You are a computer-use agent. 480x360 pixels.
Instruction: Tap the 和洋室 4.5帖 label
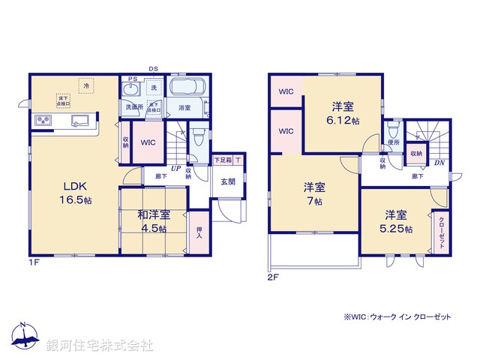152,222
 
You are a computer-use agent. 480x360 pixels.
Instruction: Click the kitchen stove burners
42,120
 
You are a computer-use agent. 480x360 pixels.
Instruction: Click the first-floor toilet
197,137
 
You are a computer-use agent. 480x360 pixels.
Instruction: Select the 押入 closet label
199,233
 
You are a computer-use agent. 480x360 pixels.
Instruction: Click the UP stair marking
175,169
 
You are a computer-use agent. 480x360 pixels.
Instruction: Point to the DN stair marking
439,163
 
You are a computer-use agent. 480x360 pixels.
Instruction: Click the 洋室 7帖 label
314,193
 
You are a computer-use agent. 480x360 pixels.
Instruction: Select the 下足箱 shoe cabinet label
223,159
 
